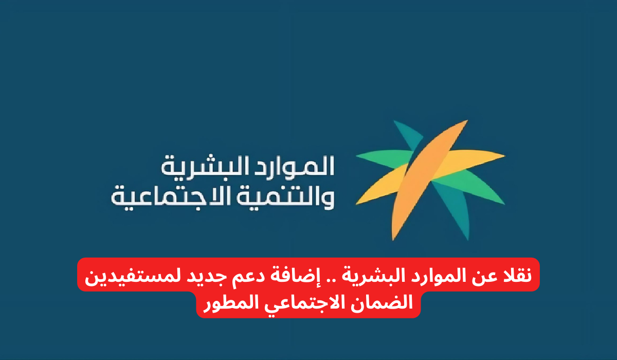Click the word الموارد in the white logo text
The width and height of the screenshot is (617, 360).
pyautogui.click(x=303, y=166)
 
